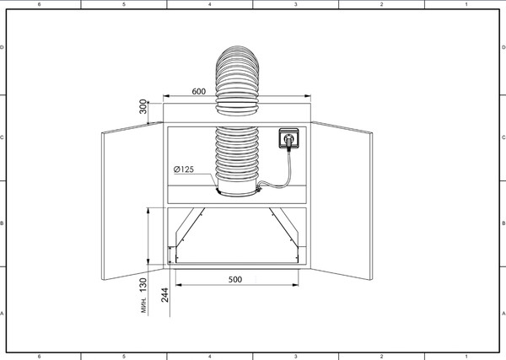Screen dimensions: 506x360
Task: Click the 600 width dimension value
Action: pyautogui.click(x=199, y=92)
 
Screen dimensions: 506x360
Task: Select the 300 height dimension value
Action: pyautogui.click(x=143, y=106)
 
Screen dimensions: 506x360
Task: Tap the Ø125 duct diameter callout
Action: pyautogui.click(x=184, y=169)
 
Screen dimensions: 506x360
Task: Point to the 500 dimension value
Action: pyautogui.click(x=235, y=279)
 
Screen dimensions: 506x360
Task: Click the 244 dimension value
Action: pyautogui.click(x=164, y=295)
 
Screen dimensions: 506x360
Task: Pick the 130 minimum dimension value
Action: pyautogui.click(x=143, y=285)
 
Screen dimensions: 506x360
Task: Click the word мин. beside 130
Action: pyautogui.click(x=143, y=305)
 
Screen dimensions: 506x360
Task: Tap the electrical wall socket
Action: pyautogui.click(x=288, y=138)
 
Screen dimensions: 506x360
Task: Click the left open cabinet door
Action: pyautogui.click(x=132, y=201)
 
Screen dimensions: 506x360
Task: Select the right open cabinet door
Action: pyautogui.click(x=342, y=201)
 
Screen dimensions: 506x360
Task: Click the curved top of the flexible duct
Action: pyautogui.click(x=237, y=53)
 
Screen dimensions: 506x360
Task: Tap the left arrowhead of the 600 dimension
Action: pyautogui.click(x=166, y=96)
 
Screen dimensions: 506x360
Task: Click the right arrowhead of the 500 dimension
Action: pyautogui.click(x=295, y=285)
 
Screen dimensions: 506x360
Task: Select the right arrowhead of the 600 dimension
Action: pyautogui.click(x=308, y=96)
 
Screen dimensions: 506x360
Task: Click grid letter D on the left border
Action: pyautogui.click(x=2, y=47)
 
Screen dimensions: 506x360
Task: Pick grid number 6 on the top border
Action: pyautogui.click(x=40, y=4)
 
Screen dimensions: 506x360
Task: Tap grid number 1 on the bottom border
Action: pyautogui.click(x=466, y=357)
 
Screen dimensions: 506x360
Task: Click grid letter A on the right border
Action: pyautogui.click(x=503, y=314)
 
